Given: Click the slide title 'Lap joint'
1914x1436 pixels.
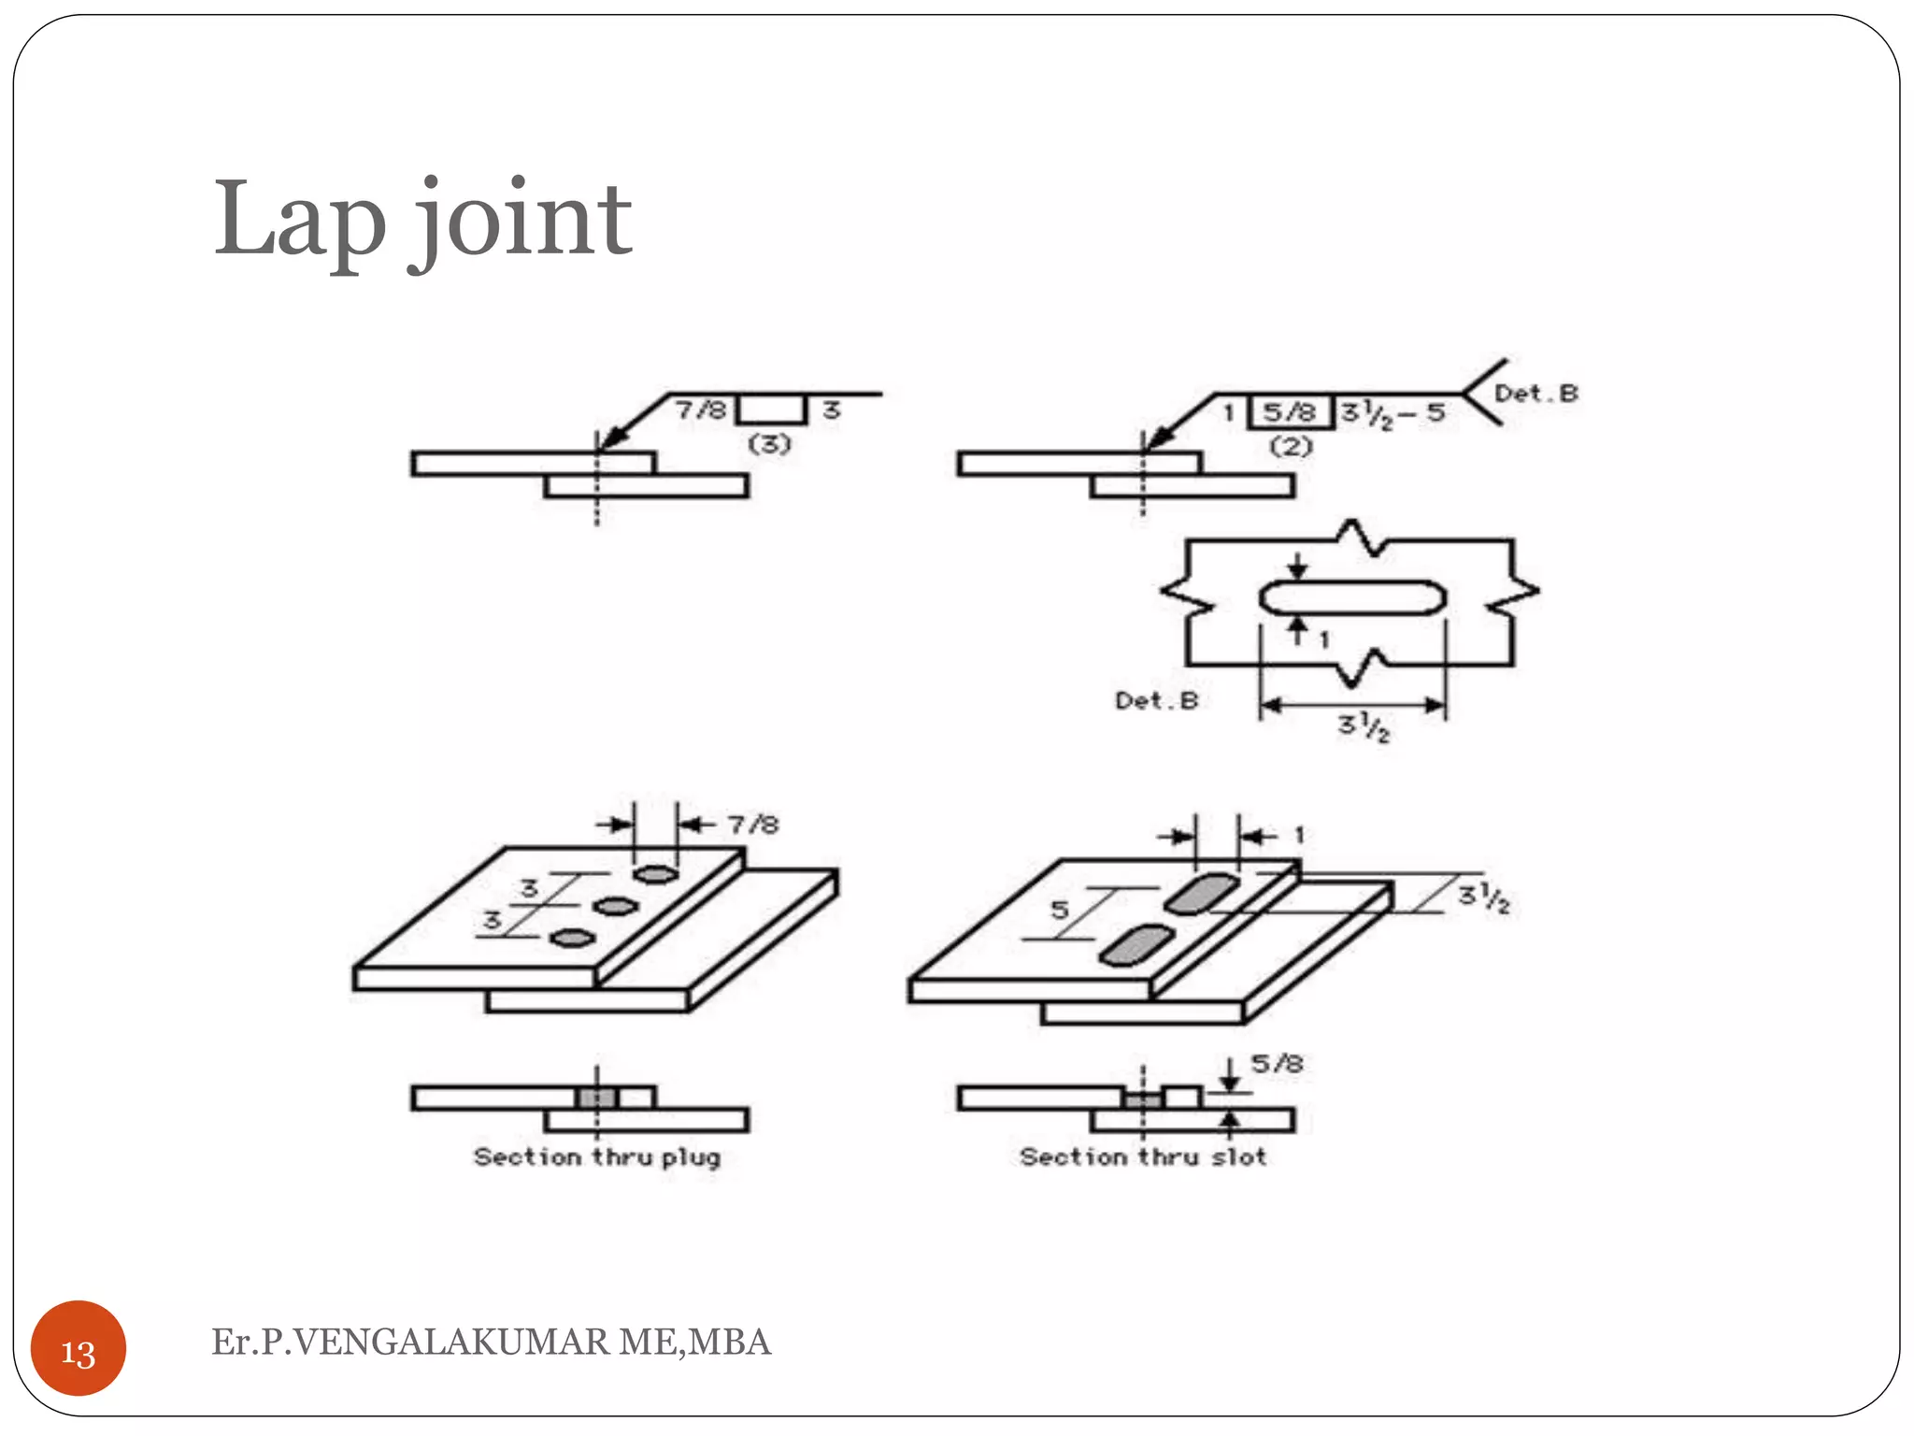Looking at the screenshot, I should point(422,221).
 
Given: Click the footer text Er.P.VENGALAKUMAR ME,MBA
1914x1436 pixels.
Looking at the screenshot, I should point(491,1342).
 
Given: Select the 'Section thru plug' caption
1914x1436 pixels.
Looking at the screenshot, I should point(596,1157).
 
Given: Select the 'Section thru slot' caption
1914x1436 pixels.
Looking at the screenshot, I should point(1142,1157).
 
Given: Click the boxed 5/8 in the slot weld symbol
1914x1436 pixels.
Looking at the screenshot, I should point(1290,412).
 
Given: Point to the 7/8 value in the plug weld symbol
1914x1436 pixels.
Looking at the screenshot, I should point(701,409).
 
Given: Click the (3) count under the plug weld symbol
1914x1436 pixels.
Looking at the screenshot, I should point(769,444).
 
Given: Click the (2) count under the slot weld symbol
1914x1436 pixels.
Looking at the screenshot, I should point(1291,446).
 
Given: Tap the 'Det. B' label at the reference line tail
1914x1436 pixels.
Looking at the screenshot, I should point(1535,394).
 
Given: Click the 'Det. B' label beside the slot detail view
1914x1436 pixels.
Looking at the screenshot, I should point(1156,700).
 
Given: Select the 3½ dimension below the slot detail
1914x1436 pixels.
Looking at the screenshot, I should point(1364,725).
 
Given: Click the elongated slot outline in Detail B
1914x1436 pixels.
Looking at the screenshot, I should point(1352,597).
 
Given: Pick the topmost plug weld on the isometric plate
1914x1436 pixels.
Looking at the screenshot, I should point(655,874).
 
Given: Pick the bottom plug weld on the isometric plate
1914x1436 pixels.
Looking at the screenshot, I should point(573,938).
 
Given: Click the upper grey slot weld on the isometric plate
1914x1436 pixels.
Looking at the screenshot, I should point(1200,893).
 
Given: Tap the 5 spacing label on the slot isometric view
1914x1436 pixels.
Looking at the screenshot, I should point(1059,910).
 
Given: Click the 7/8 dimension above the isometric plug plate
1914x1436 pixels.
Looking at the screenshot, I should point(753,825).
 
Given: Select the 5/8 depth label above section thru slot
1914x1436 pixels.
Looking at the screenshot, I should point(1277,1064).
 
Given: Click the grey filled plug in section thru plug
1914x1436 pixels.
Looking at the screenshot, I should point(596,1098).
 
